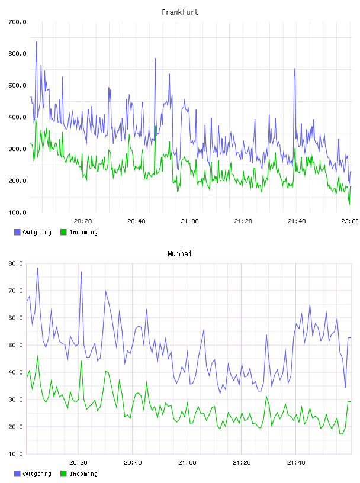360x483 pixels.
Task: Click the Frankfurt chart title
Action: (180, 12)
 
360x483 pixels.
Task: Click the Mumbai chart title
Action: (179, 254)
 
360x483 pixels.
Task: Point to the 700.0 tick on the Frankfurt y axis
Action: (17, 22)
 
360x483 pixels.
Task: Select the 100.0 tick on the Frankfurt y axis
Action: (17, 212)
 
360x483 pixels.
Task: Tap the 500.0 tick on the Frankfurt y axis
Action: (17, 85)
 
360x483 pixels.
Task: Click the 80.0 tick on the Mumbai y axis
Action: (16, 263)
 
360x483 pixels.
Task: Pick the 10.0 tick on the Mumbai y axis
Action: (16, 454)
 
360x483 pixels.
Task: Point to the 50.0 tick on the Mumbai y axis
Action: (16, 345)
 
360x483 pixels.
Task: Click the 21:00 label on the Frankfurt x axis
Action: (190, 221)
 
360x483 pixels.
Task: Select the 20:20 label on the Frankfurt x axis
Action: (83, 221)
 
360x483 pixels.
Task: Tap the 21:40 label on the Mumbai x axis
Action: (296, 463)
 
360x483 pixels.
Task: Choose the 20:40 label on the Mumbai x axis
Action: (133, 463)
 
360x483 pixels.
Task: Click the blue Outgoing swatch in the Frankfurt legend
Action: (17, 232)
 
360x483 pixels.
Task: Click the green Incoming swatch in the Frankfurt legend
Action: (63, 232)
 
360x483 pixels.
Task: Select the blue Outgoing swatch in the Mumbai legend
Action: (17, 474)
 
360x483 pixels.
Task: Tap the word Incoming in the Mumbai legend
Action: (83, 474)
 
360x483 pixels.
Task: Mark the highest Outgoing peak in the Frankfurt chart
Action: (37, 41)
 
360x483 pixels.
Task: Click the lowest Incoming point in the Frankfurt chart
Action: (349, 204)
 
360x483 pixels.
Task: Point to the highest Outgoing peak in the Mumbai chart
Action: (38, 268)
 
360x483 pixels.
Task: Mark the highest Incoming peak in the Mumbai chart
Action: (38, 356)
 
